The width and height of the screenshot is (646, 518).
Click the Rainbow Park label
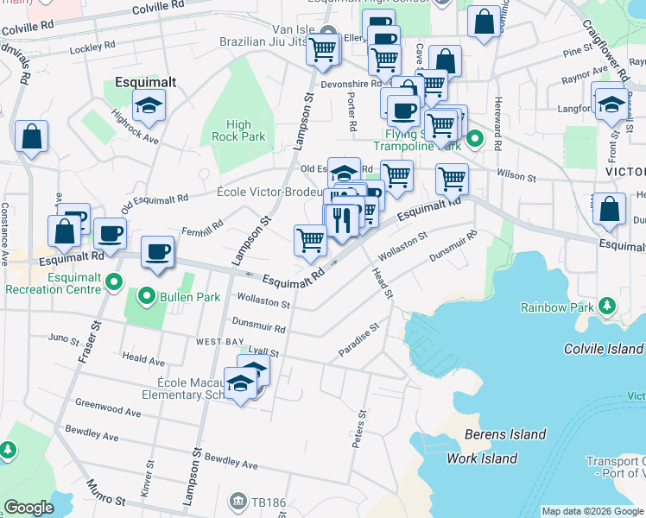tap(557, 307)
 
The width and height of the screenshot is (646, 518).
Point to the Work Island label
tap(482, 458)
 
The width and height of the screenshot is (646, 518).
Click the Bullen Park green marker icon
tap(147, 300)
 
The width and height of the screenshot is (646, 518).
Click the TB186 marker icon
tap(238, 501)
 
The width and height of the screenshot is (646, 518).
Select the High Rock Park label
tap(238, 130)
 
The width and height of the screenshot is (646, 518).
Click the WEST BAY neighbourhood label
tap(218, 343)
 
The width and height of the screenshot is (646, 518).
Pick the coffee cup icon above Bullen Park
tap(156, 252)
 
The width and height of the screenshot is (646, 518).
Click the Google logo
tap(28, 508)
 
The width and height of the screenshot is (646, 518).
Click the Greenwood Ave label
tap(108, 408)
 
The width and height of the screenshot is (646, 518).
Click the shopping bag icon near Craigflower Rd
tap(610, 211)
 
